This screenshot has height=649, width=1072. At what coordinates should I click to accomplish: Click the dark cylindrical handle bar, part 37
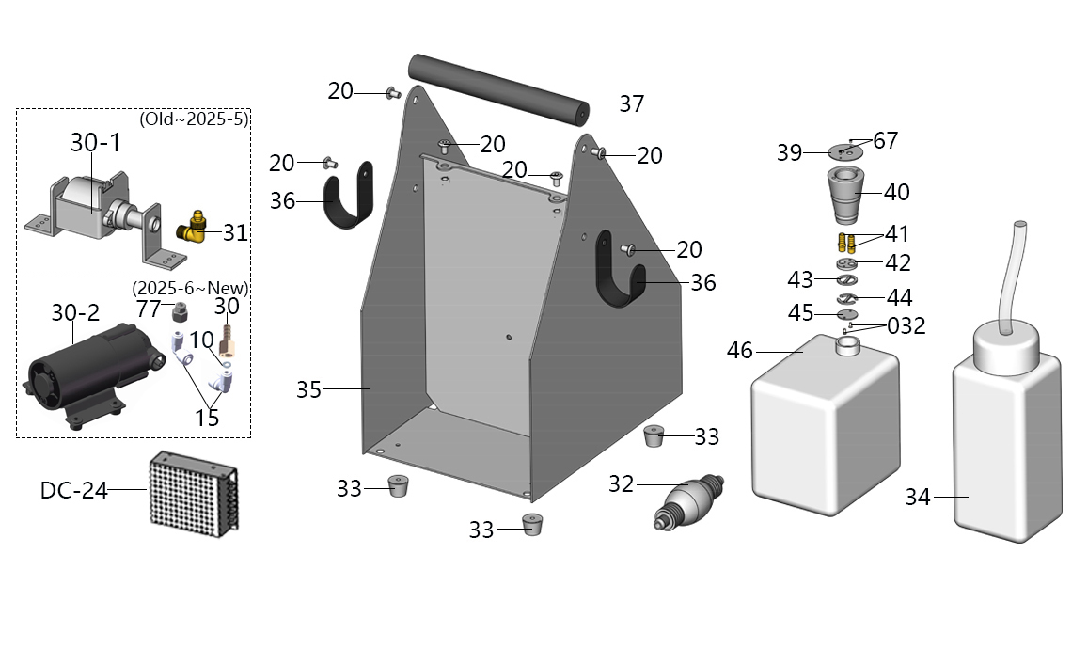click(x=498, y=88)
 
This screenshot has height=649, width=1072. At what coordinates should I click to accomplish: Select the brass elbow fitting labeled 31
click(x=194, y=227)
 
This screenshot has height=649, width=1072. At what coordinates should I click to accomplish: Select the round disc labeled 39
click(x=847, y=151)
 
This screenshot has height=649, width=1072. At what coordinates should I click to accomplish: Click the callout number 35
click(x=309, y=389)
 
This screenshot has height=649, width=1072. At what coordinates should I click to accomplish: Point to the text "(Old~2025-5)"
click(x=194, y=119)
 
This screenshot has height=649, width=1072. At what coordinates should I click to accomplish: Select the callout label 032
click(x=906, y=326)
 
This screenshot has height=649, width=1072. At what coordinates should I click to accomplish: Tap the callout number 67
click(x=886, y=141)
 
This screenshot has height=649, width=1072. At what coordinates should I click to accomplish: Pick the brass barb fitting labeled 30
click(x=226, y=339)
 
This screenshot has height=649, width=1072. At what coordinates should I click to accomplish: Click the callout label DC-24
click(x=73, y=490)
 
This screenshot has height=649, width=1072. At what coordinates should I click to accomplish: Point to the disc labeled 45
click(x=848, y=315)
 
